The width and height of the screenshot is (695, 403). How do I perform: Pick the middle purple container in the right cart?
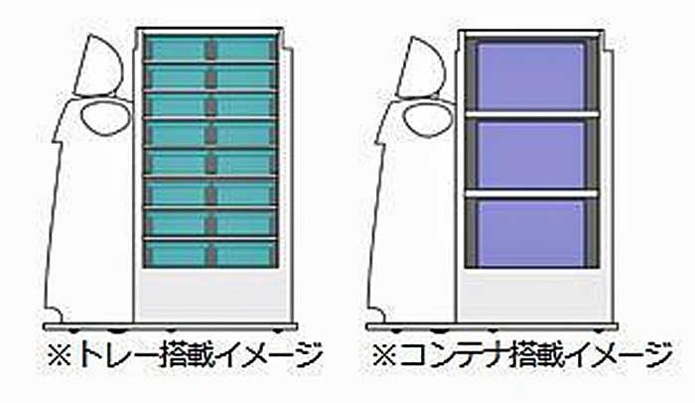click(531, 154)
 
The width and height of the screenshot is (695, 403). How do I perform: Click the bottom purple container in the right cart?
click(531, 232)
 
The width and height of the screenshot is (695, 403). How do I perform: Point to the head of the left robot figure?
click(99, 66)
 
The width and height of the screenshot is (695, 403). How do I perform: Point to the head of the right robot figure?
click(422, 67)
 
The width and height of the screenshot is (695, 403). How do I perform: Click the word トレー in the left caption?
click(116, 355)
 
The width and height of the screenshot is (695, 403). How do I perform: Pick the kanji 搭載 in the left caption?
click(185, 355)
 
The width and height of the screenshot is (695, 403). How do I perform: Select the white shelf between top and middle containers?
click(532, 115)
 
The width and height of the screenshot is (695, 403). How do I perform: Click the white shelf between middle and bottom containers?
click(532, 194)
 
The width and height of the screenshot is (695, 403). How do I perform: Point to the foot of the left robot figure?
click(54, 314)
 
